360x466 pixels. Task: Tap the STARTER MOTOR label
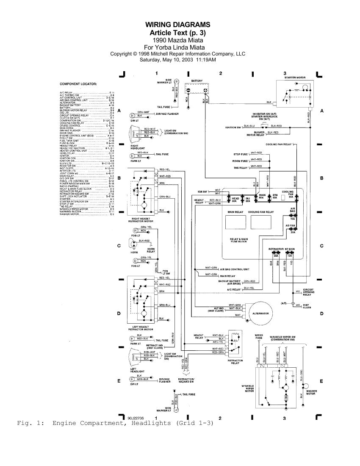coord(295,78)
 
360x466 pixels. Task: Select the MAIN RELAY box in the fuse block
coord(235,222)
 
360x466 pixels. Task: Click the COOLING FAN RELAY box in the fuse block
coord(260,222)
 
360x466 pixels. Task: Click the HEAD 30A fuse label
coord(236,200)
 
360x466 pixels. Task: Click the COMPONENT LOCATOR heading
coord(78,84)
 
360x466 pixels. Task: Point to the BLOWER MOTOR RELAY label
coord(256,133)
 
